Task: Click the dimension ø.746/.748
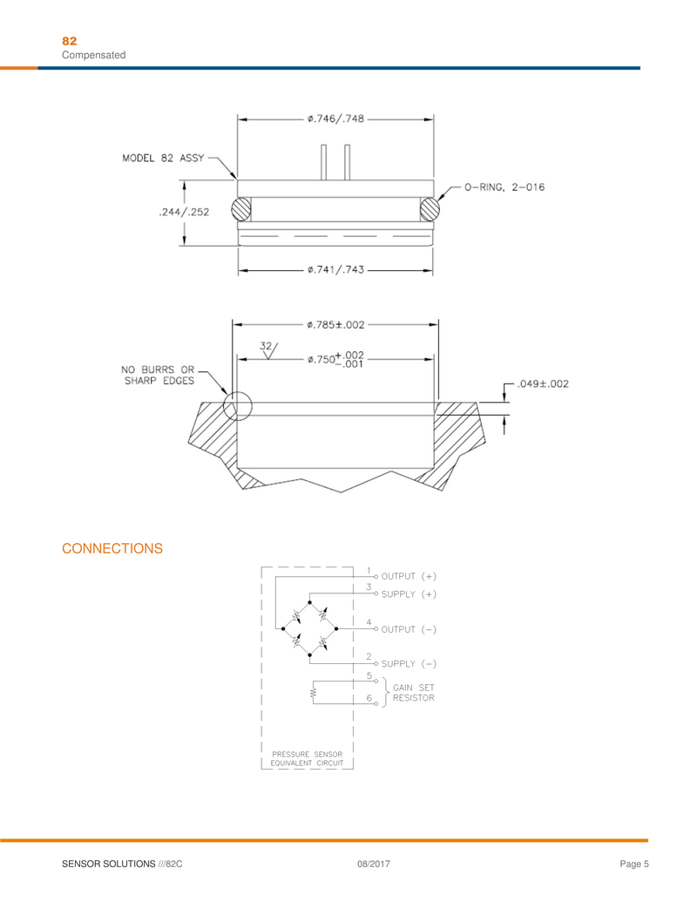(x=335, y=119)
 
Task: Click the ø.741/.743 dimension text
(x=335, y=270)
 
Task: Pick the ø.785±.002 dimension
(x=335, y=324)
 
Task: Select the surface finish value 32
(x=267, y=346)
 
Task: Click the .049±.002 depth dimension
(x=543, y=384)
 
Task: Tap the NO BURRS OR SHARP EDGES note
(x=158, y=374)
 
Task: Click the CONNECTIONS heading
(x=112, y=548)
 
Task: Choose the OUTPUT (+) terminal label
(x=409, y=577)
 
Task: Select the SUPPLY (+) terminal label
(x=409, y=594)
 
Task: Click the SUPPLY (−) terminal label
(x=409, y=664)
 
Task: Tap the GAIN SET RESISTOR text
(x=414, y=693)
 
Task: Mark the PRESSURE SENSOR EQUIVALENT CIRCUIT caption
(x=308, y=758)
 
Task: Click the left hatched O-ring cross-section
(x=241, y=210)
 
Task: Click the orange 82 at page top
(x=70, y=41)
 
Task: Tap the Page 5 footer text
(x=634, y=864)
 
